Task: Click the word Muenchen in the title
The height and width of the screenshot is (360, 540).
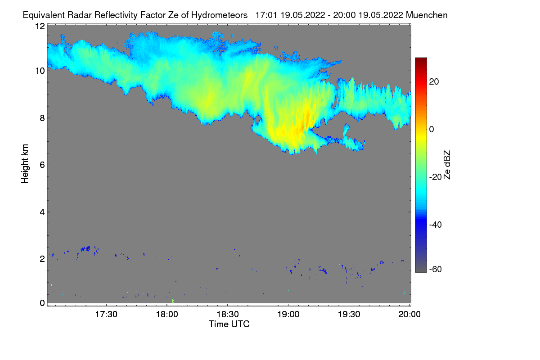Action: tap(427, 15)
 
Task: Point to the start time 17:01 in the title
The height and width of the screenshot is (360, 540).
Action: tap(266, 15)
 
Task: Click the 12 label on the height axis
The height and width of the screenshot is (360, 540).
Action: tap(40, 26)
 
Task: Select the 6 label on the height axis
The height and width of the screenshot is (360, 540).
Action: tap(42, 165)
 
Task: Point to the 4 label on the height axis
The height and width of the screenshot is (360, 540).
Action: tap(42, 212)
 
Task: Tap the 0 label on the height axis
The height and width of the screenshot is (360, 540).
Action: tap(42, 303)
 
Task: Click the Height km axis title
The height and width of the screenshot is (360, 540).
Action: tap(26, 163)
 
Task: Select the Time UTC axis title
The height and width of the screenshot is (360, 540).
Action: tap(229, 324)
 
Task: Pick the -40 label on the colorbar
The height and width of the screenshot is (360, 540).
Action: tap(435, 225)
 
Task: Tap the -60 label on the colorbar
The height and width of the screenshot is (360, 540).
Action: tap(435, 270)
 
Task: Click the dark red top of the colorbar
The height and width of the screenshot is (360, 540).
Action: tap(421, 60)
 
